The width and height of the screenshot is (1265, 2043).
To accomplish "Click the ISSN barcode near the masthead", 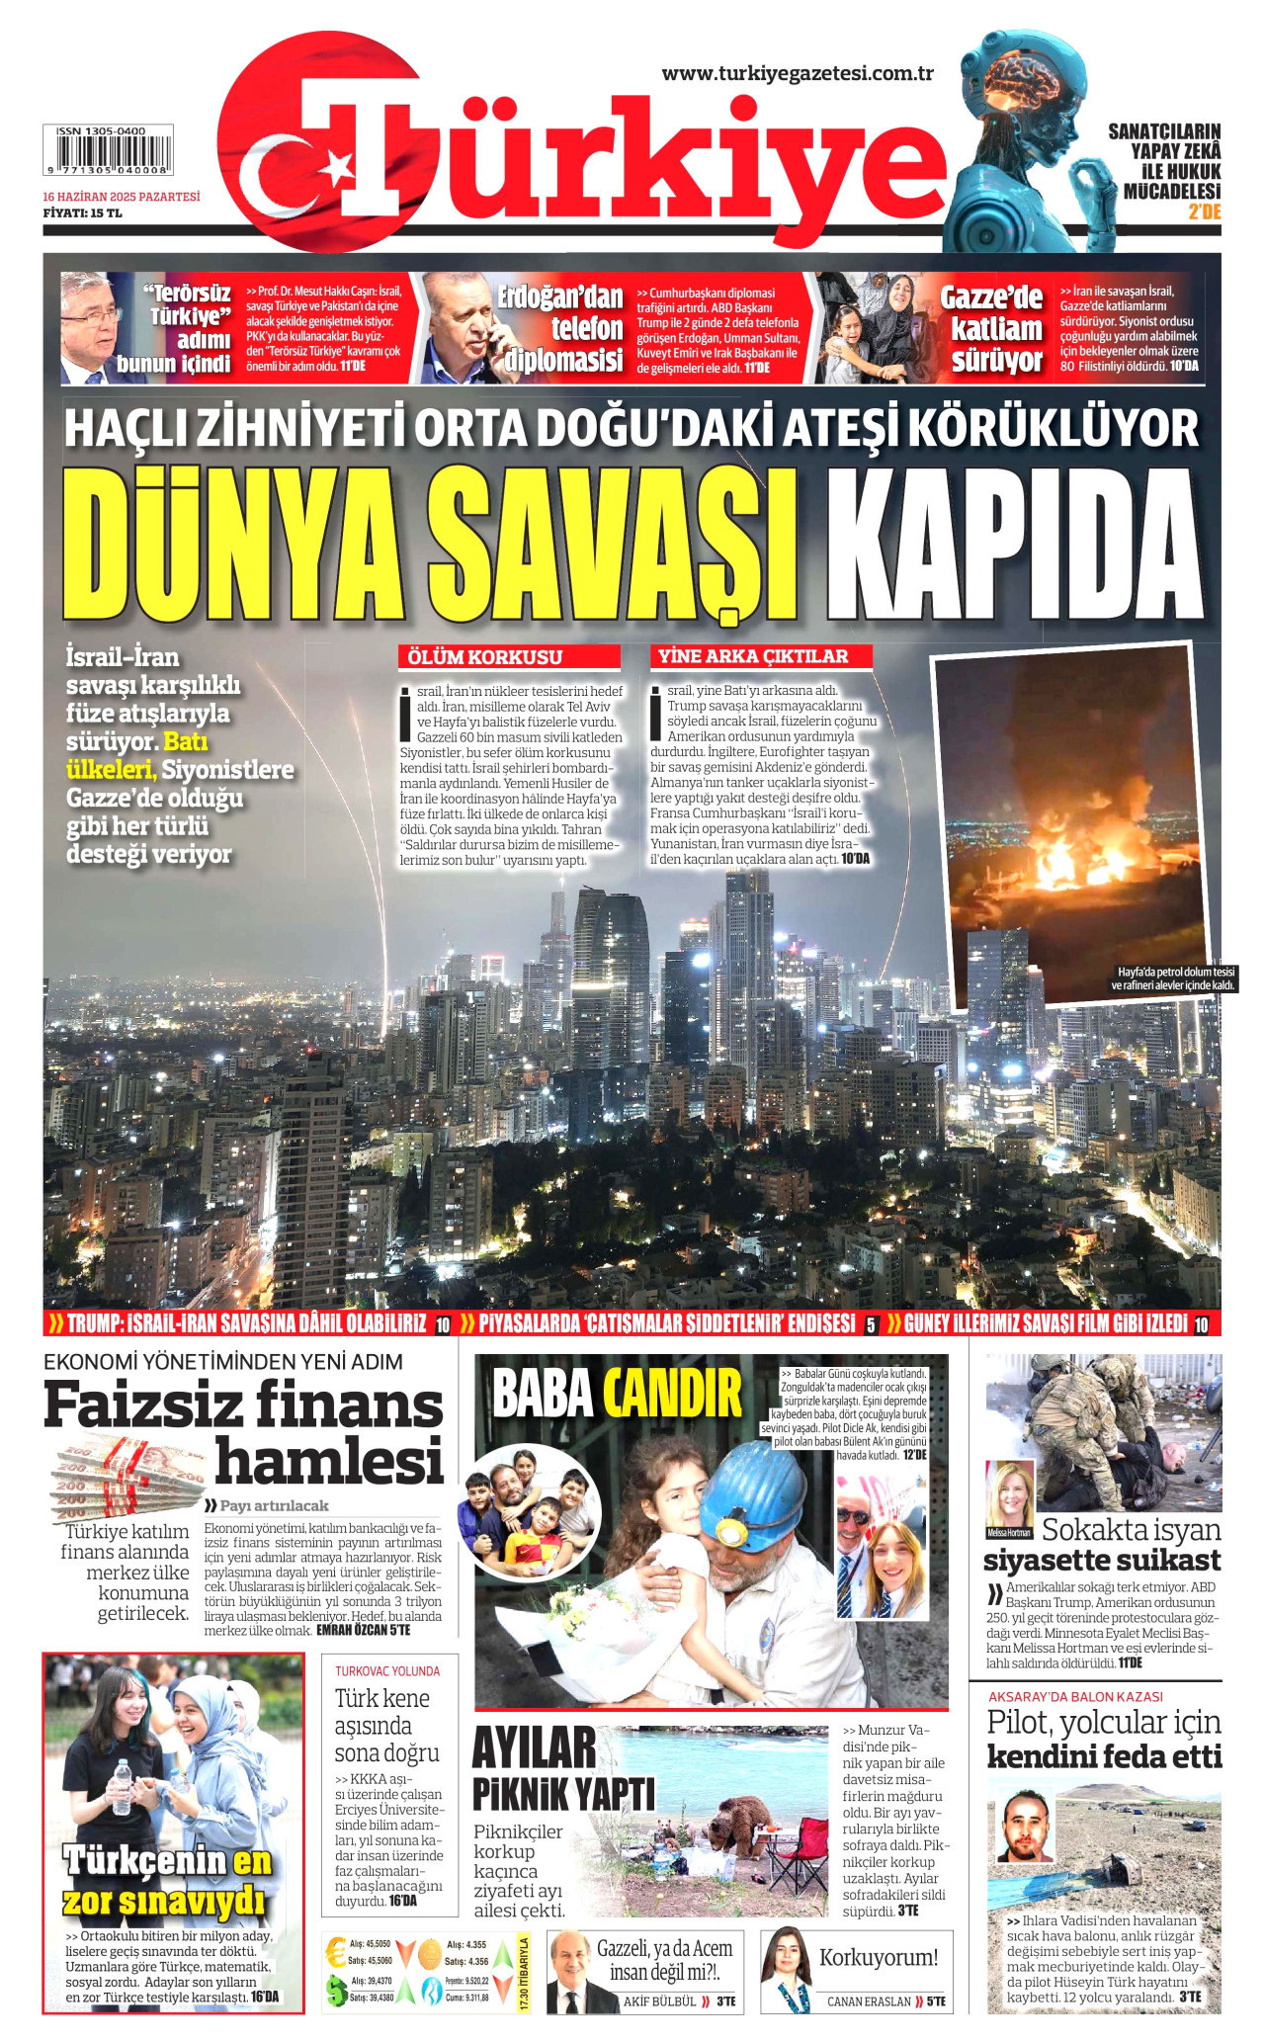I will coord(108,150).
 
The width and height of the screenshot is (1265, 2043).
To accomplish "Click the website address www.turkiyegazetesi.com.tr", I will coord(798,73).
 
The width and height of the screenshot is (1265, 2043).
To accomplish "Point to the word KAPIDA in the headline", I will coord(1014,547).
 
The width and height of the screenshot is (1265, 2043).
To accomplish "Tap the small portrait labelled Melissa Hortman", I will coord(1010,1495).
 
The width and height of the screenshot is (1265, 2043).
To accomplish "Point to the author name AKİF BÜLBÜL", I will coord(659,2001).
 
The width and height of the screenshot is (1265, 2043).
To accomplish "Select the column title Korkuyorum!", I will coord(878,1958).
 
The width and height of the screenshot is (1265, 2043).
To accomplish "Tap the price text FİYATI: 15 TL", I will coord(82,213).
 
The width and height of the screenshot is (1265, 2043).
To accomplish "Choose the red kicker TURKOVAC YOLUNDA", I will coord(387,1671).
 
